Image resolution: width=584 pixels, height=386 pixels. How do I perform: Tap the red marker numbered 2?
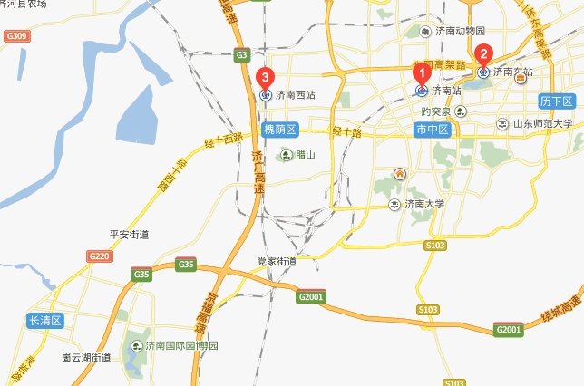(483, 54)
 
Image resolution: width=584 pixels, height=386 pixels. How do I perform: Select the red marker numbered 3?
(265, 78)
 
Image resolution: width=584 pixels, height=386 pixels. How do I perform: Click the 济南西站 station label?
(296, 94)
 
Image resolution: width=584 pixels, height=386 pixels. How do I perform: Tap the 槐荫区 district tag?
(280, 130)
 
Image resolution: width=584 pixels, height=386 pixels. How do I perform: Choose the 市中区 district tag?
(433, 130)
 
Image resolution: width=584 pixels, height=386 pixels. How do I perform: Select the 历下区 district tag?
(555, 100)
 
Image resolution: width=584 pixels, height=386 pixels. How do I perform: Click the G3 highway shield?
(241, 54)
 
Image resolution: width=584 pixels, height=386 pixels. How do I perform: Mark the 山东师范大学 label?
(542, 123)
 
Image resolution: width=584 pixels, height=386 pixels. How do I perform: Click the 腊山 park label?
(304, 156)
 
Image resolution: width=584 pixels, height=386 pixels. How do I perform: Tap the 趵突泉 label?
(439, 111)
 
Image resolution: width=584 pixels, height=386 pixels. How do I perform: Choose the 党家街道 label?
(276, 261)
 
